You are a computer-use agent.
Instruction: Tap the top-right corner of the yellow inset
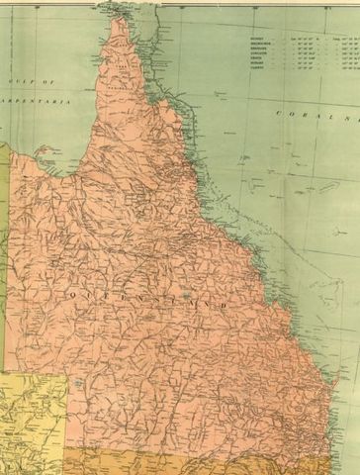pyautogui.click(x=67, y=377)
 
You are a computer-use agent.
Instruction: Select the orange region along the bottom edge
pyautogui.click(x=198, y=460)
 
